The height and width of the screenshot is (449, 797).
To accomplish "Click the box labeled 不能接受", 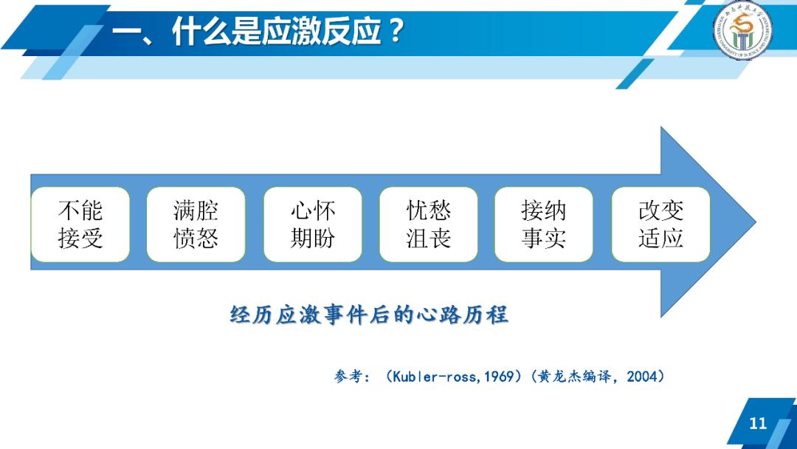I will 80,224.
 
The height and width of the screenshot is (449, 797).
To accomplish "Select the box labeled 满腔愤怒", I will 196,224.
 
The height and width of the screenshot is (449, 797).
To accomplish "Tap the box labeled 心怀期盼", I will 312,224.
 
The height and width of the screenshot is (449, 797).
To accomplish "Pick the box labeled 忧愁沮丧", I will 428,224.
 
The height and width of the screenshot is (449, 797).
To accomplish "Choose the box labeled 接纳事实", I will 544,224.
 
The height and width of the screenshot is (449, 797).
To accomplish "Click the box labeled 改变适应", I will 660,224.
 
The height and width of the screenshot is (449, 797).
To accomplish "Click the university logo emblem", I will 742,32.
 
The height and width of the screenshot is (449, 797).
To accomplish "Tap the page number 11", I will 758,424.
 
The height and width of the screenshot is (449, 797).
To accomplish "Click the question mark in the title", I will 397,32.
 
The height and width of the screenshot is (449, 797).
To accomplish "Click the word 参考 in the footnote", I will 347,377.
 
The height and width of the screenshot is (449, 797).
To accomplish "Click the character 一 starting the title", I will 126,32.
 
